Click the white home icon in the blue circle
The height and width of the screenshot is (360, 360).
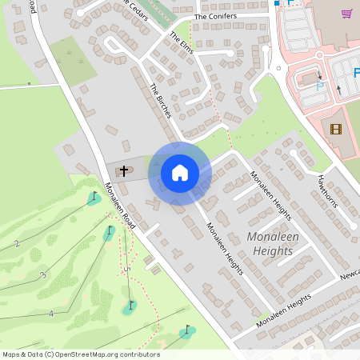[x=179, y=172]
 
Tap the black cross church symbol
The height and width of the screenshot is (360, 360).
[x=124, y=170]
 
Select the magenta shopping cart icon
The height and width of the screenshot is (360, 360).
[x=346, y=14]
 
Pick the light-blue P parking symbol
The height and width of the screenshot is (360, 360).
[x=321, y=85]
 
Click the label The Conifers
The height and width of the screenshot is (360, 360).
[x=217, y=17]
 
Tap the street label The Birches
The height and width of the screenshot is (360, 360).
[x=161, y=101]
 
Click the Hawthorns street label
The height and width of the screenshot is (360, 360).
[x=328, y=190]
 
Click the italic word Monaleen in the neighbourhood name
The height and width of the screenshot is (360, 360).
[x=274, y=238]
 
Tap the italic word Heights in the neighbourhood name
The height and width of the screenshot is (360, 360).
[x=273, y=251]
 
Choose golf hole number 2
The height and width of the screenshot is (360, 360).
[x=17, y=243]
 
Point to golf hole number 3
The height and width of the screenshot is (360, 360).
[x=43, y=275]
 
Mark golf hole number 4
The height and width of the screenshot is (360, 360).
[x=50, y=314]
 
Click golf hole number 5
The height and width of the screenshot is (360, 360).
[x=126, y=269]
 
